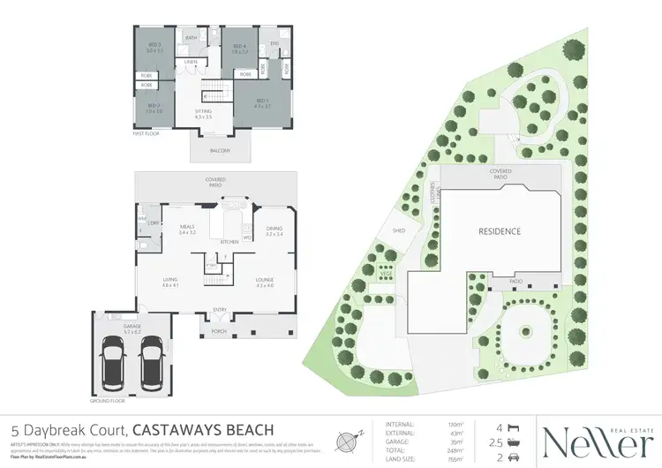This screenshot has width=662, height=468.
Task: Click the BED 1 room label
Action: tap(261, 102)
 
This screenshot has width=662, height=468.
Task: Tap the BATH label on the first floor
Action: tap(192, 39)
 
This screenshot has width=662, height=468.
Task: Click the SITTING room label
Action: tap(204, 111)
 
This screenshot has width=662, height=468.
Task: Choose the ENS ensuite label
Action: tap(275, 42)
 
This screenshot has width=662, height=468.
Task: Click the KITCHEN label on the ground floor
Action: tap(229, 241)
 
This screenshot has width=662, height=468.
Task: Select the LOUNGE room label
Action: tap(265, 283)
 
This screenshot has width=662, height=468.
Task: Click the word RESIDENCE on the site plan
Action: tap(500, 231)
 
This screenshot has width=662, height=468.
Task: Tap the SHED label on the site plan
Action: tap(386, 233)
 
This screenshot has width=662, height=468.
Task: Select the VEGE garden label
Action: tap(386, 274)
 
